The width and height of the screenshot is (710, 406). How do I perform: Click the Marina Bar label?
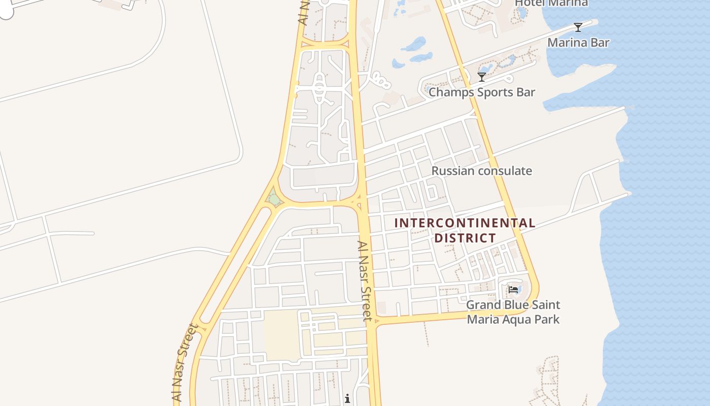pyautogui.click(x=578, y=43)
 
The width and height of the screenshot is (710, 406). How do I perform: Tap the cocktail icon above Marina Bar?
pyautogui.click(x=578, y=27)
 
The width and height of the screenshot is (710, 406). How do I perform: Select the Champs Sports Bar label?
pyautogui.click(x=482, y=92)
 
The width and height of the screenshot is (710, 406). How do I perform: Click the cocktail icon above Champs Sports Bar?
pyautogui.click(x=482, y=77)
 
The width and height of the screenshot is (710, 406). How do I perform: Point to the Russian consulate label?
pyautogui.click(x=481, y=171)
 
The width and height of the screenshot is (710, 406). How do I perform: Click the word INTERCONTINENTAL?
pyautogui.click(x=465, y=223)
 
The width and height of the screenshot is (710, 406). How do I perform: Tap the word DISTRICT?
pyautogui.click(x=465, y=238)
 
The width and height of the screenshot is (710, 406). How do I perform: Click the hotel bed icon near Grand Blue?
pyautogui.click(x=513, y=290)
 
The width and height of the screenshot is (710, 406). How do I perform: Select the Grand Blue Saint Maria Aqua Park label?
pyautogui.click(x=513, y=312)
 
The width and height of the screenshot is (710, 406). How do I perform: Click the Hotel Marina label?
pyautogui.click(x=551, y=3)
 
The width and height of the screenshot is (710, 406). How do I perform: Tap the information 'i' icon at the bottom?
pyautogui.click(x=347, y=398)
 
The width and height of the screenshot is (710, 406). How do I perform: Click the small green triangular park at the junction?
pyautogui.click(x=274, y=198)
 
